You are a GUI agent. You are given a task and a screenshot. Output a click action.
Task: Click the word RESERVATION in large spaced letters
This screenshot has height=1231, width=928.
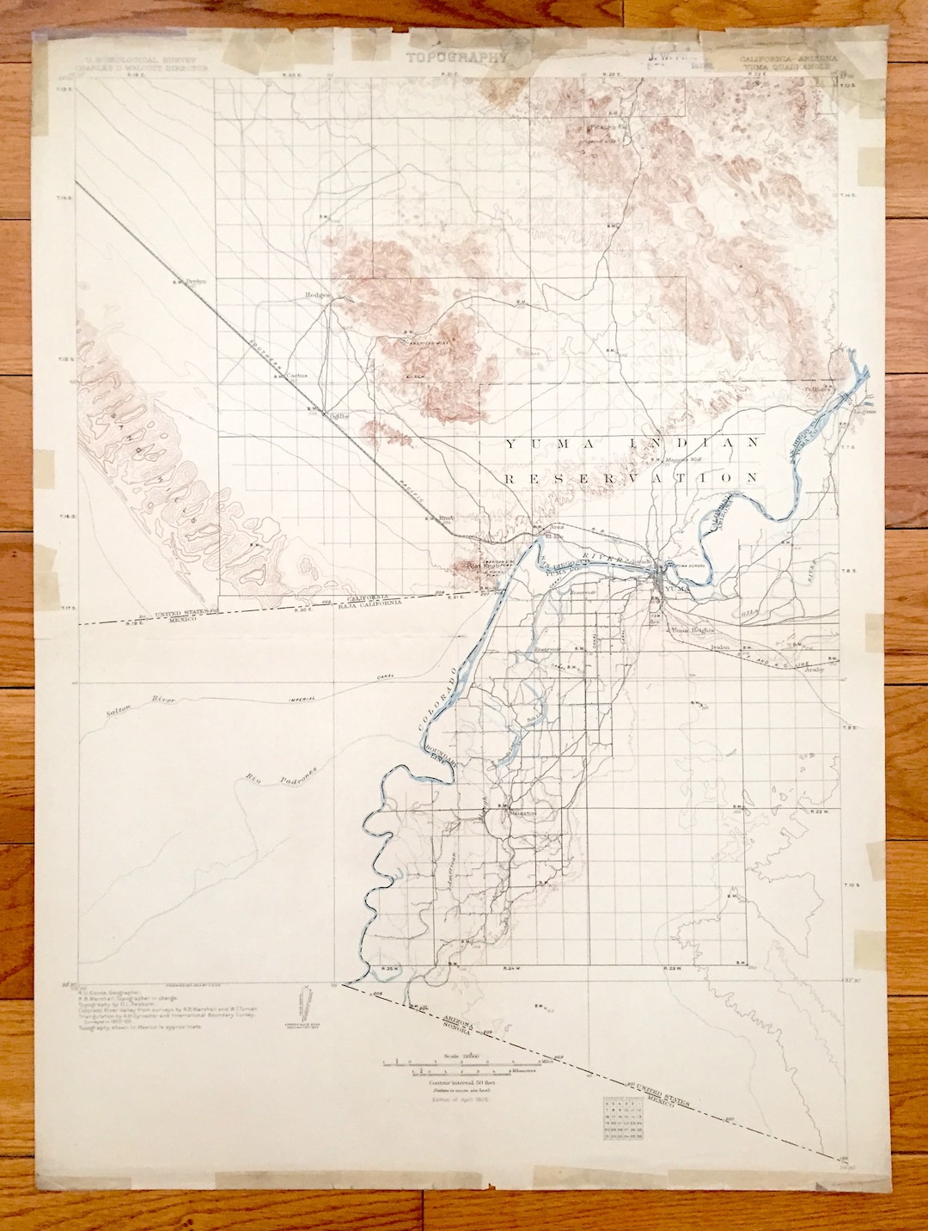coord(632,477)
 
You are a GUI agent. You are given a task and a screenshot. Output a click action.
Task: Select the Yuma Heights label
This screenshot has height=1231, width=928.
coord(693,630)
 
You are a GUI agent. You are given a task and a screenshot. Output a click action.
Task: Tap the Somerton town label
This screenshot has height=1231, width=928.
coord(521,812)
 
